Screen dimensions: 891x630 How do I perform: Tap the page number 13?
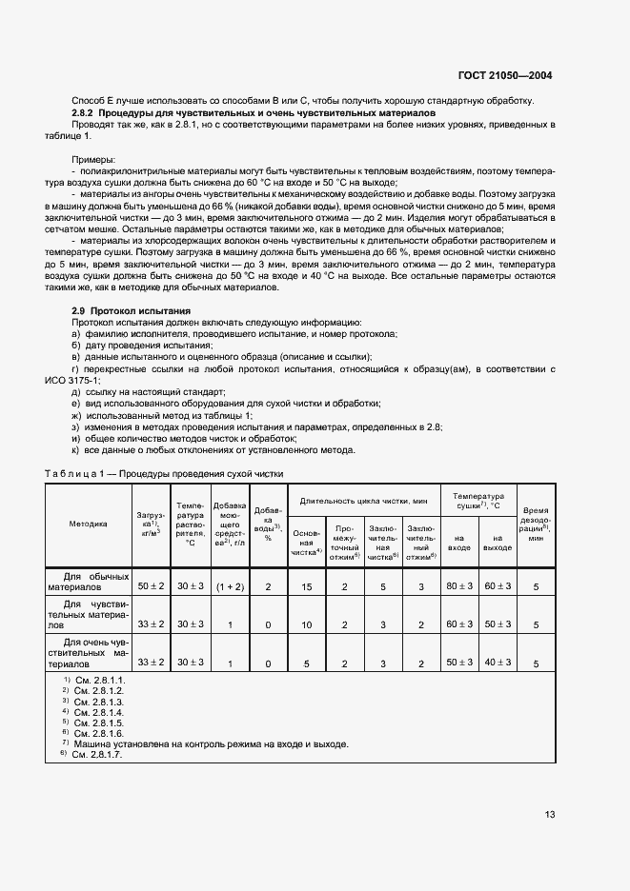coord(549,814)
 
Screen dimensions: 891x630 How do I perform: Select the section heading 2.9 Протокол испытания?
coord(132,311)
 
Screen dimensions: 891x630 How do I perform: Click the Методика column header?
coord(88,523)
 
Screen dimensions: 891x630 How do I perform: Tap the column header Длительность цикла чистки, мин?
coord(364,500)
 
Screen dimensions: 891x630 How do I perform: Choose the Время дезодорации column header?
coord(536,523)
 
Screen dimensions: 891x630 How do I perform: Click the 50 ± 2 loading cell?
coord(152,586)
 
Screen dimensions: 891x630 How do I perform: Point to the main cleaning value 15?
coord(308,587)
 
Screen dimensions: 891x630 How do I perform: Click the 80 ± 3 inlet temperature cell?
coord(459,586)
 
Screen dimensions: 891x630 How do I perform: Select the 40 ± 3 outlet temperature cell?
coord(497,662)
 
